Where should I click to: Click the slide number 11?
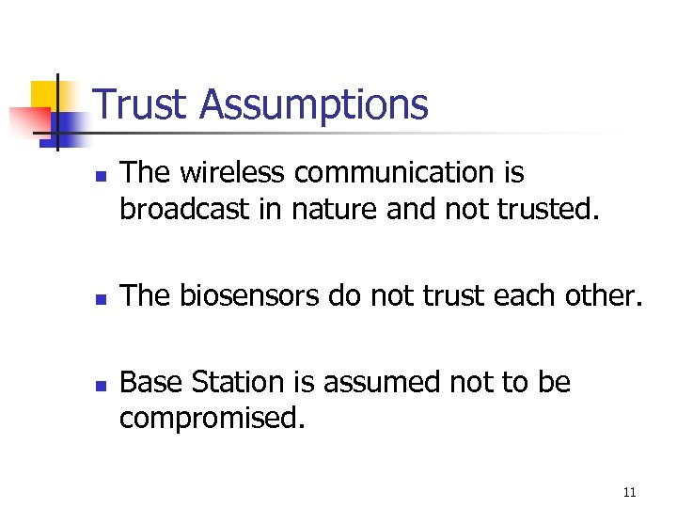coord(629,492)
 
